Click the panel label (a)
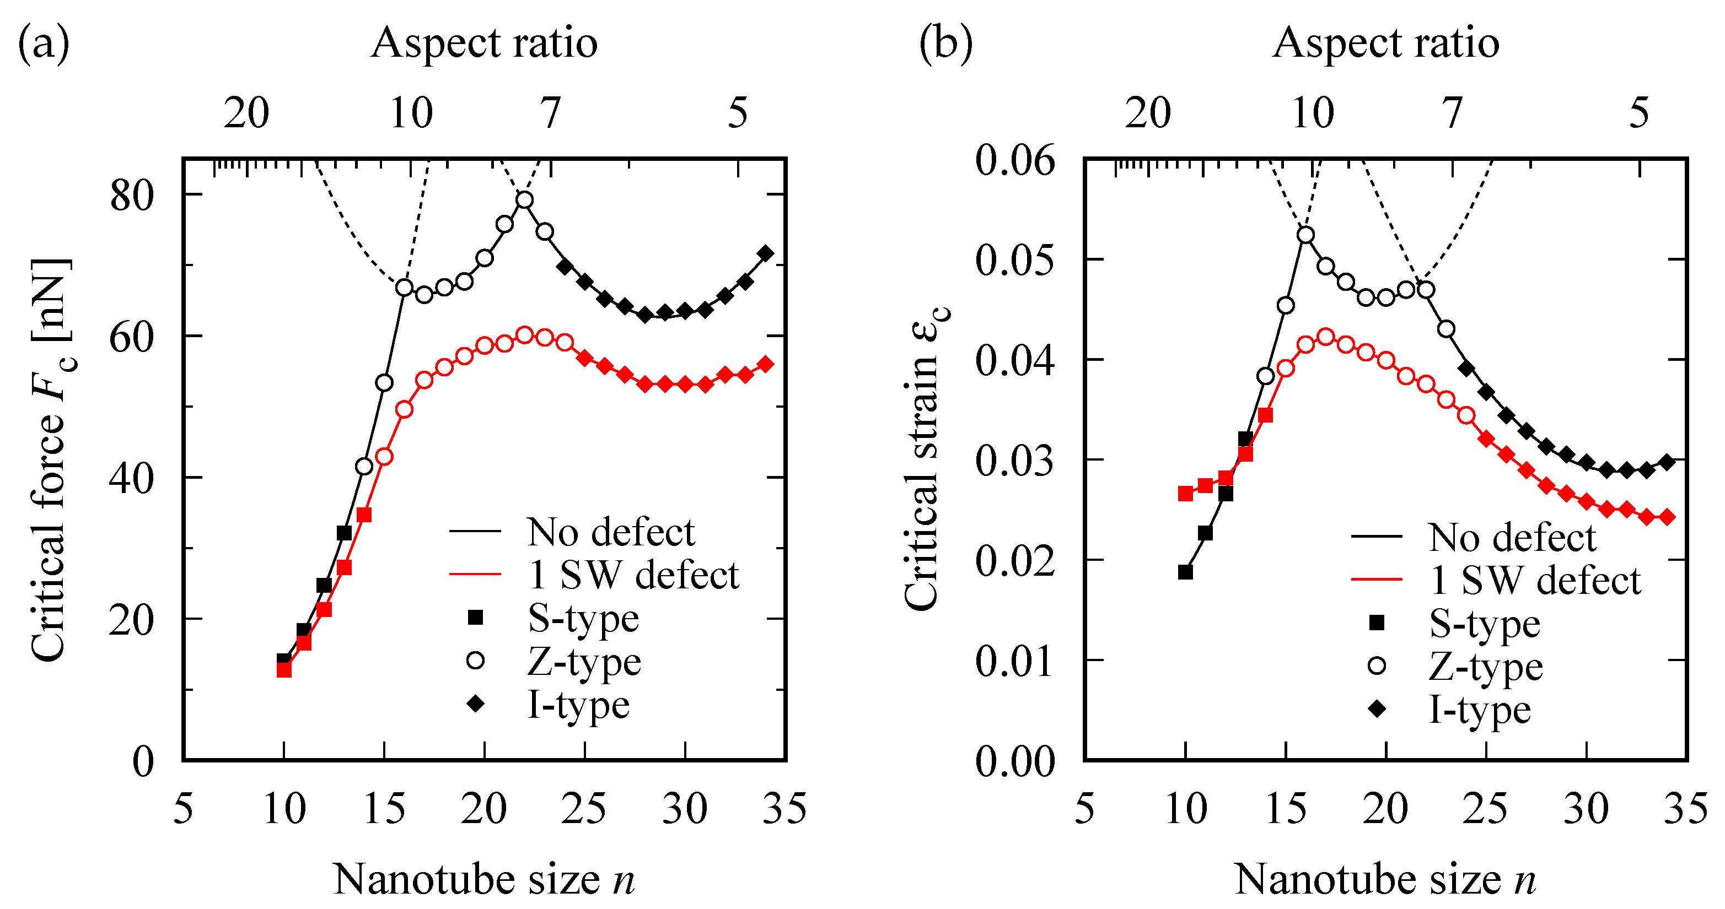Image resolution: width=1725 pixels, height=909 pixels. pos(44,44)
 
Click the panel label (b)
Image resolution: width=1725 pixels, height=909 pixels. pos(945,44)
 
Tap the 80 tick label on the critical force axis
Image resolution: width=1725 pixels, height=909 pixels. pos(132,196)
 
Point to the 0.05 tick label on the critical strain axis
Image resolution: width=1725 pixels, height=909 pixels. pos(1014,259)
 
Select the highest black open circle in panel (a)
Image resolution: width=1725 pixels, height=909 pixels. pos(524,200)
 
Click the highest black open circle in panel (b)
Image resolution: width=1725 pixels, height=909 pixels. pos(1305,235)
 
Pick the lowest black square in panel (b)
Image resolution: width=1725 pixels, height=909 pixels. pos(1185,572)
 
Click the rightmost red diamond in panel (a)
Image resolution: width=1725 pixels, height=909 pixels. pos(765,364)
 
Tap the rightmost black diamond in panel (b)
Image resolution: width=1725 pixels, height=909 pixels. pos(1668,462)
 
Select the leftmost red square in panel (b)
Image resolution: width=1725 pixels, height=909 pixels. pos(1185,493)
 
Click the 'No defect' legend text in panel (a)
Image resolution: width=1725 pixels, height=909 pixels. pos(610,532)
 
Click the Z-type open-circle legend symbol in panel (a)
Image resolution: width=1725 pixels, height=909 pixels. pos(475,661)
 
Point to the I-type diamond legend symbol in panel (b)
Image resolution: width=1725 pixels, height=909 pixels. pos(1377,709)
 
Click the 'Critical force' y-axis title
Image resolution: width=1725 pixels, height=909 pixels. pos(50,461)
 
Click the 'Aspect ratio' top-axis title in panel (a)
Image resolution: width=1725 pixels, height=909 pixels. pos(483,44)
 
